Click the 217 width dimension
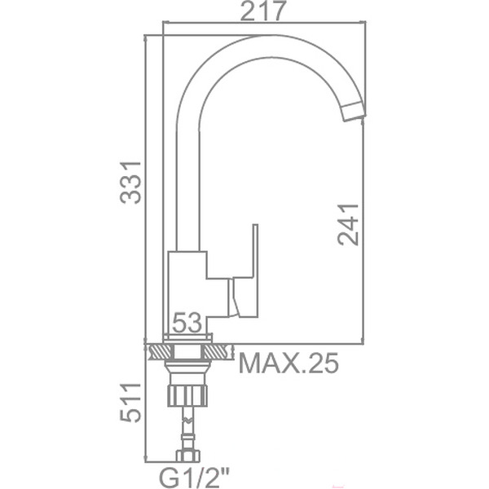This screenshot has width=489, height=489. [x=262, y=11]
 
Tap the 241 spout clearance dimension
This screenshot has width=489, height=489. [x=348, y=223]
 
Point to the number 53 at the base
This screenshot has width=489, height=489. [x=187, y=324]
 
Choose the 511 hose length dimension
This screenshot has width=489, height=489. [x=131, y=403]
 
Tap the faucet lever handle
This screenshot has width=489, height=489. [x=246, y=273]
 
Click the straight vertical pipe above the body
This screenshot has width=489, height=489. [x=187, y=187]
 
